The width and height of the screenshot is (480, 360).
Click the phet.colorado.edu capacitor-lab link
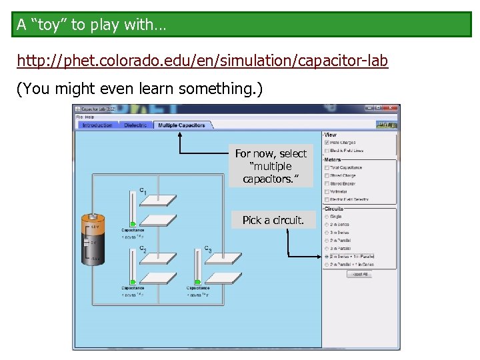(202, 61)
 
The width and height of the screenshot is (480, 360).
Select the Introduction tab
(97, 125)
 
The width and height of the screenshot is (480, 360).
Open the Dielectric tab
(137, 125)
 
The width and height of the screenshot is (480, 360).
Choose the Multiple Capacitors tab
(181, 125)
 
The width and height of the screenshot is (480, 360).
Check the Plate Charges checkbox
(327, 143)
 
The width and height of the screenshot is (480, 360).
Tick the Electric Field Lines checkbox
(327, 151)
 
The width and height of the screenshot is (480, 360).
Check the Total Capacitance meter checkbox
(327, 167)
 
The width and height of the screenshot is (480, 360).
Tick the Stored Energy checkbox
(327, 183)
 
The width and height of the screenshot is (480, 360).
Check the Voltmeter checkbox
(327, 191)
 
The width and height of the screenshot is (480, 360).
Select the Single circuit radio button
(326, 217)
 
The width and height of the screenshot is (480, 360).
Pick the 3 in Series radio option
(326, 233)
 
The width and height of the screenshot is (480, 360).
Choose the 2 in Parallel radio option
(326, 241)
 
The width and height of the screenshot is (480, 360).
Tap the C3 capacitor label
(208, 249)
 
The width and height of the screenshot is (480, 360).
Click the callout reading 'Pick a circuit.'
(273, 220)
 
